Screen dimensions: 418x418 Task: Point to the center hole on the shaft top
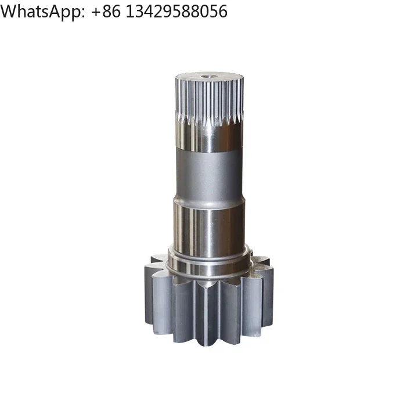click(x=207, y=74)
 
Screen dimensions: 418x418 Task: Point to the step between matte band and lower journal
click(x=207, y=202)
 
